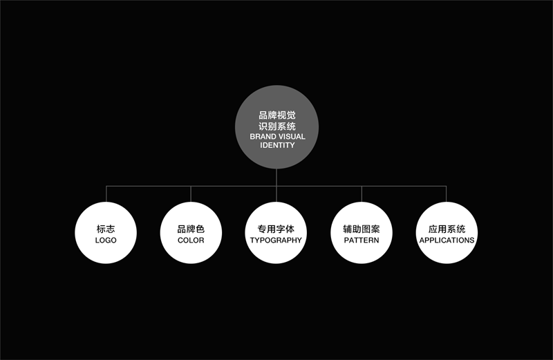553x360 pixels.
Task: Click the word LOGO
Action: click(106, 240)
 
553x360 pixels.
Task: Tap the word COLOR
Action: click(191, 240)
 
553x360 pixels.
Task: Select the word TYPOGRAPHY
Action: click(276, 240)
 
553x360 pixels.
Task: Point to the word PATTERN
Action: click(362, 240)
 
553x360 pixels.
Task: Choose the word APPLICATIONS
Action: click(447, 240)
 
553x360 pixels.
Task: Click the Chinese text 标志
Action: click(106, 229)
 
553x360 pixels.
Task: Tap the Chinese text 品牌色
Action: click(191, 229)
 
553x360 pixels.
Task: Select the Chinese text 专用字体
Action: click(276, 229)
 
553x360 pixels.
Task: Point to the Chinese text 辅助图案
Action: click(362, 229)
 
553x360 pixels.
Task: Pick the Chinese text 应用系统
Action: click(447, 229)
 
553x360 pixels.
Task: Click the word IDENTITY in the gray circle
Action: click(277, 145)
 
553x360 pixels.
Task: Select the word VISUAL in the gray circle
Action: click(292, 136)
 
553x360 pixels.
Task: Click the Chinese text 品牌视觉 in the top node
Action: click(277, 115)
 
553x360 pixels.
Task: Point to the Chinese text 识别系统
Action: click(277, 126)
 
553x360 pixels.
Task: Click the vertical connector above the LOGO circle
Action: click(106, 194)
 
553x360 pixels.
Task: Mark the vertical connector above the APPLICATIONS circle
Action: click(446, 194)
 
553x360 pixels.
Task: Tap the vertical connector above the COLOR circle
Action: click(191, 194)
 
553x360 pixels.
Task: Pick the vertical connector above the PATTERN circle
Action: click(362, 194)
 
